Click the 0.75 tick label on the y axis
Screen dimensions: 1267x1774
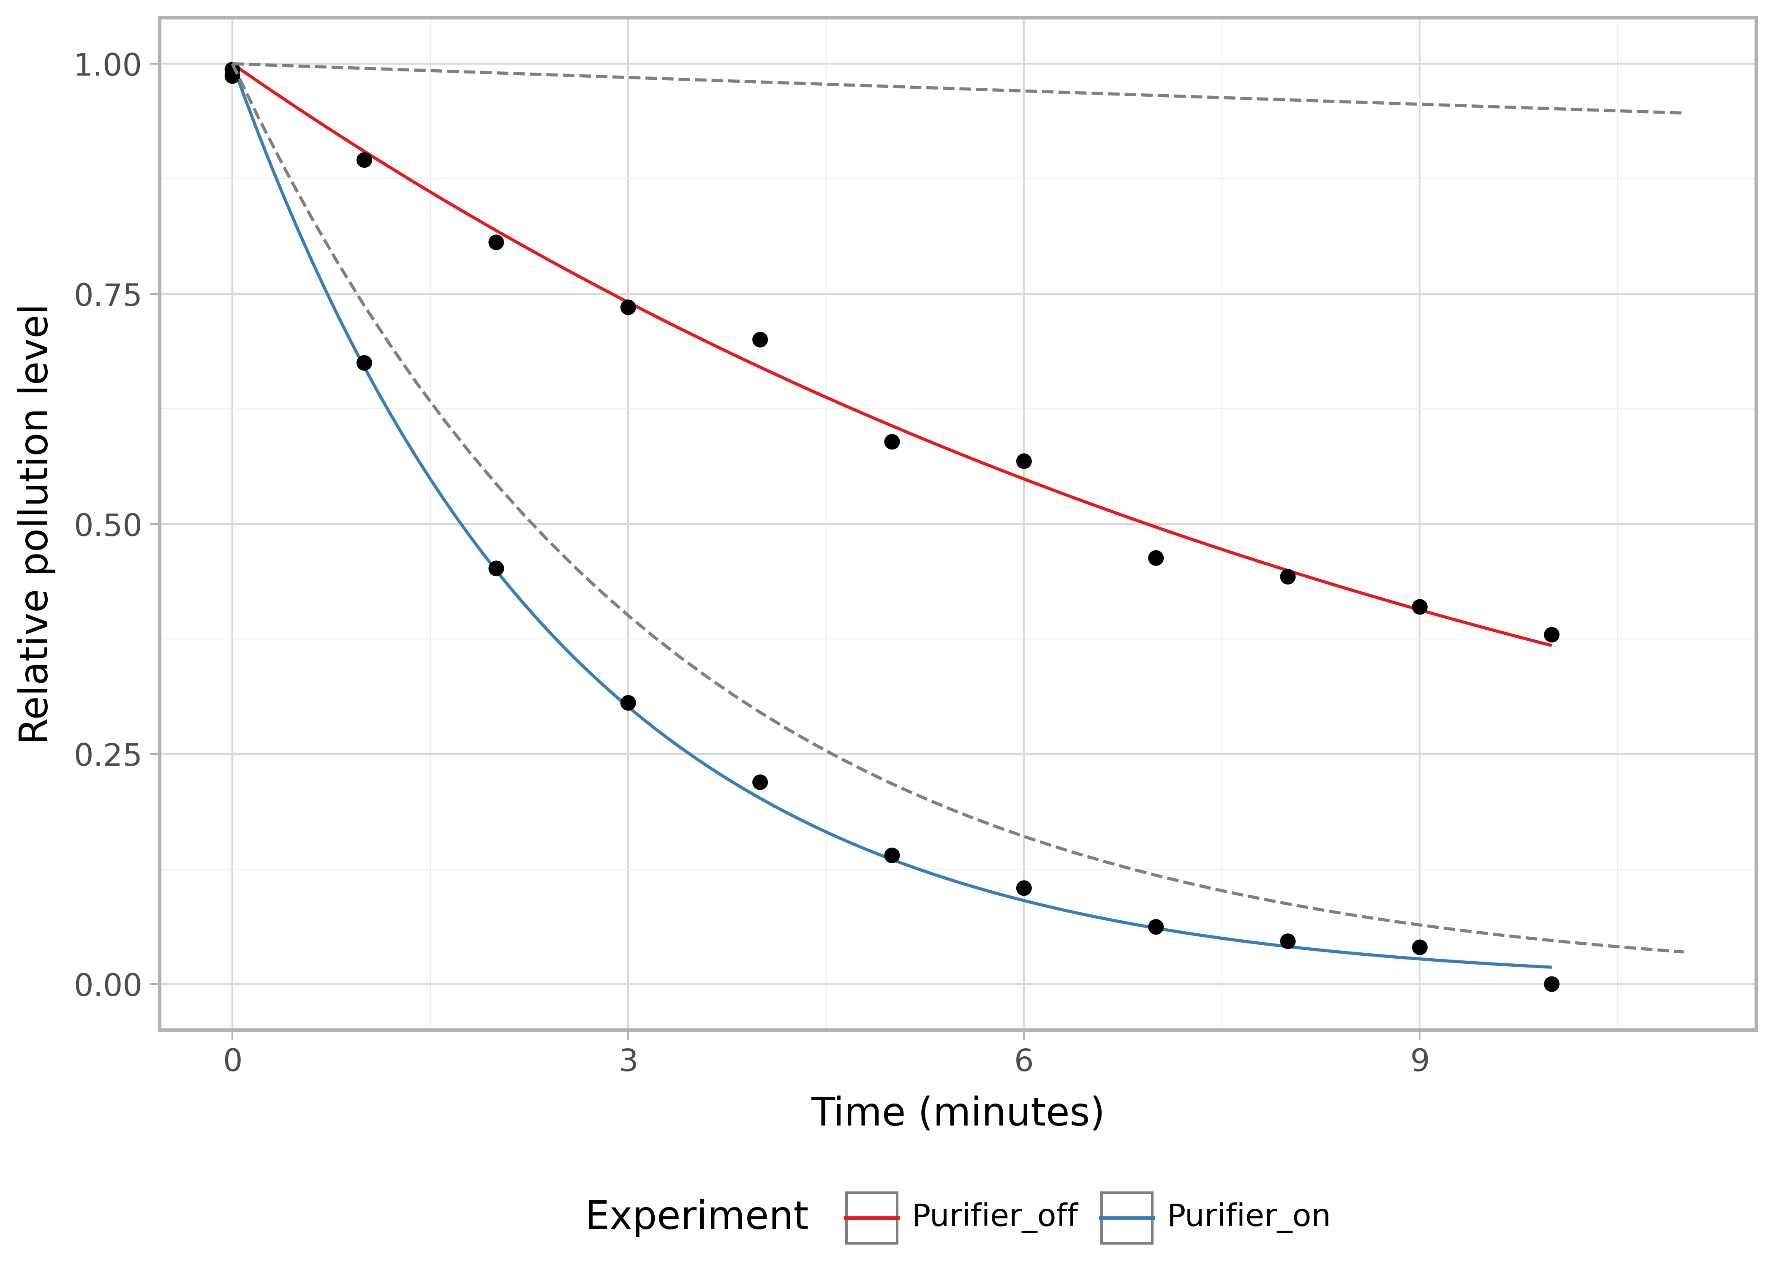107,295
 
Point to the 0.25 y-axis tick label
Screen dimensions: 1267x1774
107,754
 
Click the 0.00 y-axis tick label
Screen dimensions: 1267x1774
107,984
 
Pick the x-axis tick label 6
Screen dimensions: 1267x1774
1023,1061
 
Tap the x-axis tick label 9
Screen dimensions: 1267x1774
1419,1061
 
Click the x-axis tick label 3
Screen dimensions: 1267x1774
628,1061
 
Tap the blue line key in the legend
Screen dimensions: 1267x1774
1126,1217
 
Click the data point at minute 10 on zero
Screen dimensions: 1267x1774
1552,984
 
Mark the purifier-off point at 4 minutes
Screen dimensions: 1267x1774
760,340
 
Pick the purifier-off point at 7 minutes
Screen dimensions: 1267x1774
1156,558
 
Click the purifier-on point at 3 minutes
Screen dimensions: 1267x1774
628,703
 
